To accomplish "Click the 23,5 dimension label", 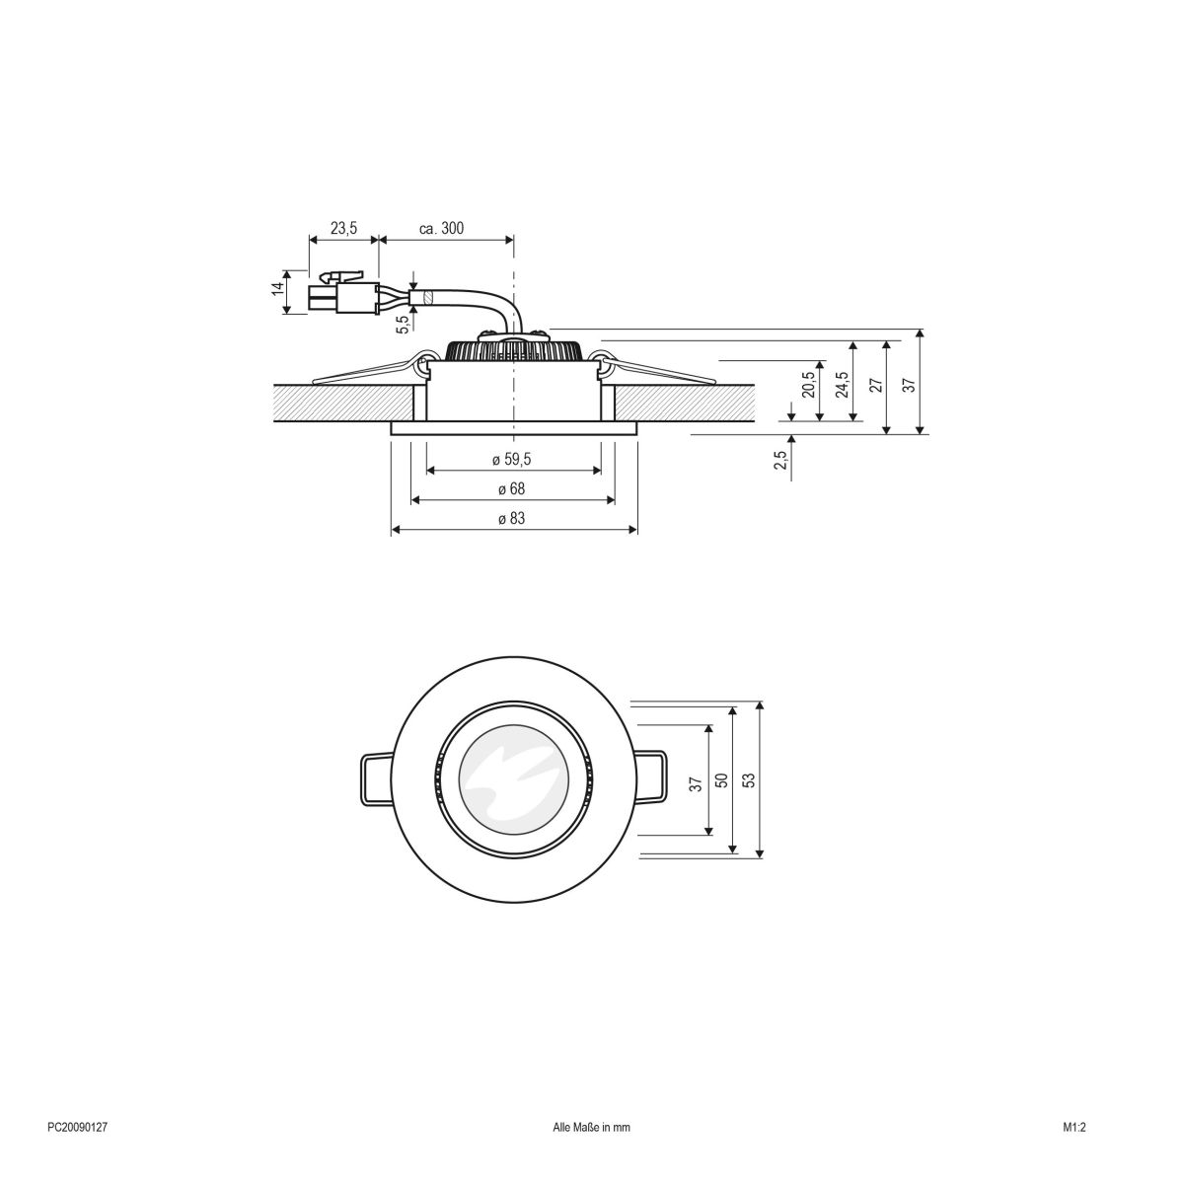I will click(x=343, y=228).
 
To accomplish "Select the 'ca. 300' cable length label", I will click(x=441, y=228).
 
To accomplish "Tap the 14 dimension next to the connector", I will click(x=278, y=290).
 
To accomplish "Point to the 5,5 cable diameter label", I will click(x=403, y=325).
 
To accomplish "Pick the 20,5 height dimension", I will click(x=808, y=384).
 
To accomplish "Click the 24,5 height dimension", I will click(x=841, y=383).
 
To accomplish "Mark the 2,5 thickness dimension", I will click(x=779, y=460).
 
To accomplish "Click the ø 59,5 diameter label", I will click(x=512, y=460).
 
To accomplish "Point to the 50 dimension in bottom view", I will click(x=720, y=779).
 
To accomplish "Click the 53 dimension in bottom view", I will click(x=748, y=779).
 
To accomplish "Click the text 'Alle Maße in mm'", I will click(x=591, y=1152).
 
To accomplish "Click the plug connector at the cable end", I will click(x=345, y=294).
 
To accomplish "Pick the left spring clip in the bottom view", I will click(x=375, y=779).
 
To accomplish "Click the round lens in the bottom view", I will click(x=513, y=779).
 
